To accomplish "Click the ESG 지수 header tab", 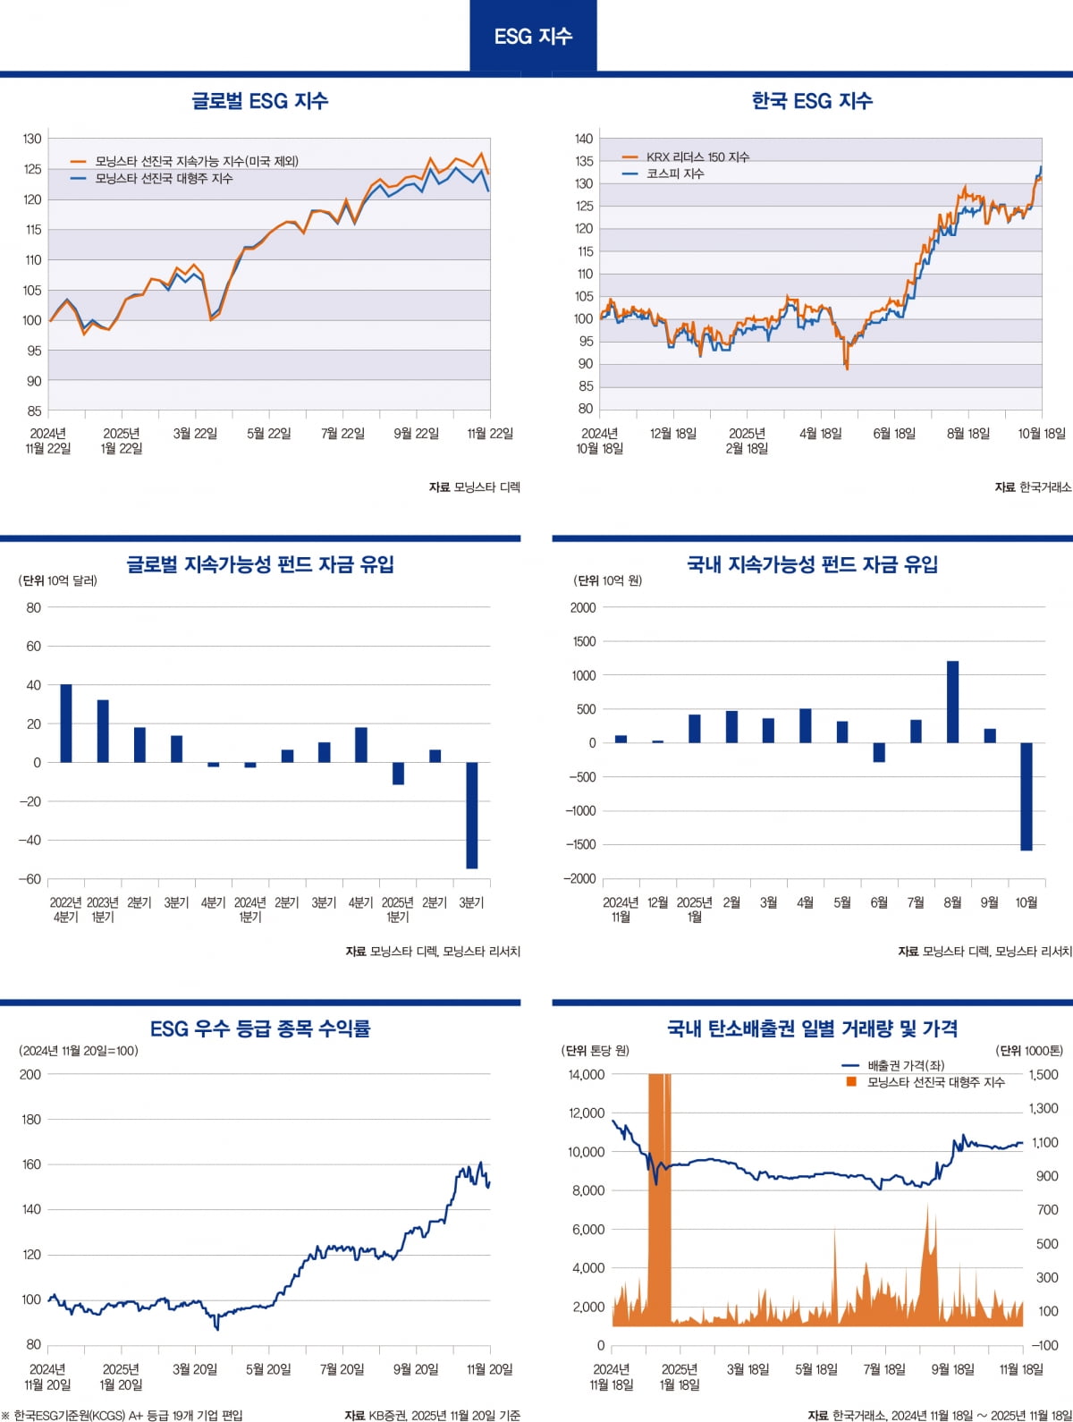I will point(533,36).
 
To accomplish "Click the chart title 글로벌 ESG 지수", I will point(259,101).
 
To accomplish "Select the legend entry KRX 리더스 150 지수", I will point(697,157).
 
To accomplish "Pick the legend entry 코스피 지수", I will point(674,174).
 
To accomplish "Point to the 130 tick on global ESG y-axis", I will point(32,139).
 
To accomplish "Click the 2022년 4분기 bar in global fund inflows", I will point(66,723).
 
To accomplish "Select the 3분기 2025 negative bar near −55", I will point(471,815).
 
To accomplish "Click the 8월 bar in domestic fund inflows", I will point(952,702).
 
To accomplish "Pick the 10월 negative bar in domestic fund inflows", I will point(1026,796).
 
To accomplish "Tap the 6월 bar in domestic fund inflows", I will point(879,752).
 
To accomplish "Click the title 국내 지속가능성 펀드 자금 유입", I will point(812,564).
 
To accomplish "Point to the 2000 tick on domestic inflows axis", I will point(583,608).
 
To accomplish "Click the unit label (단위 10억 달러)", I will point(58,580).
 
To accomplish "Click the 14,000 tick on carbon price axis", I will point(587,1074).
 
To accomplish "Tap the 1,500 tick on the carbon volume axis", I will point(1043,1074).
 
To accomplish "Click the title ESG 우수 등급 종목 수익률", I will point(259,1028).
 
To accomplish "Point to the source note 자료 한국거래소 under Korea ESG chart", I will point(1033,487).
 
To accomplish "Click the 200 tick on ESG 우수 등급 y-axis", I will point(31,1074).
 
